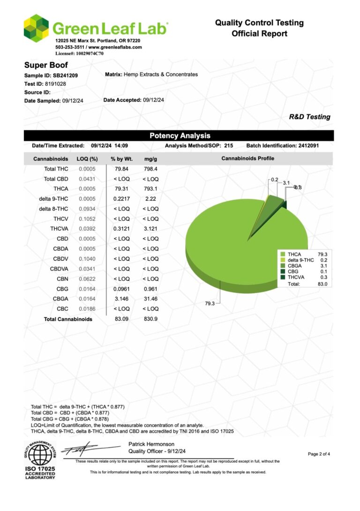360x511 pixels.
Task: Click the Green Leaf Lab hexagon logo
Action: (36, 28)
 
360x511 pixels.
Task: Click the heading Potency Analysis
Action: (180, 136)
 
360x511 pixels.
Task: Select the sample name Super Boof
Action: (46, 65)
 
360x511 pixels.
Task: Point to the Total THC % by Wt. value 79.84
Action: (118, 169)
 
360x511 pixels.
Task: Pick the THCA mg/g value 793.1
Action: (150, 189)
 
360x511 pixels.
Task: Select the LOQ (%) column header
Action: (87, 159)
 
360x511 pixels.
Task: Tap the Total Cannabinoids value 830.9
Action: (150, 319)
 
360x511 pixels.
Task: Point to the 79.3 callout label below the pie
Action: (210, 303)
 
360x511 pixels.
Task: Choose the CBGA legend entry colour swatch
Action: (283, 266)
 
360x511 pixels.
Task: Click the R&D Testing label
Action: (309, 117)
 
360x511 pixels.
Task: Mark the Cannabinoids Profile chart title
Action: (247, 158)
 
